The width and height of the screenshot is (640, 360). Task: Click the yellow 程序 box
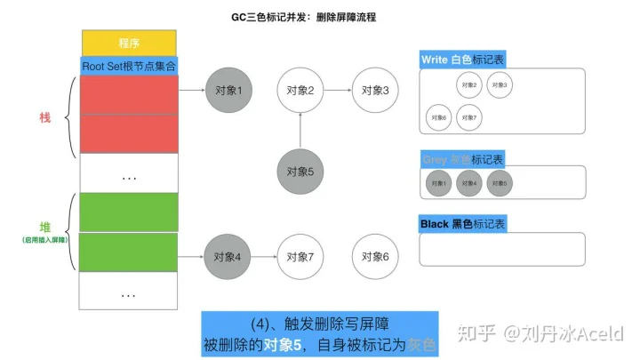click(x=129, y=42)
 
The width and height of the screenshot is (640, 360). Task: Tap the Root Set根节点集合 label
click(x=129, y=65)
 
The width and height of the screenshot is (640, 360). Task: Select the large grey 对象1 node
click(x=228, y=91)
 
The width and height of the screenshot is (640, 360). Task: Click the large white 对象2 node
click(x=300, y=91)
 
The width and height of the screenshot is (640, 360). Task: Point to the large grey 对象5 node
click(x=300, y=172)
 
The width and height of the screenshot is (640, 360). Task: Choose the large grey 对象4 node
click(x=228, y=257)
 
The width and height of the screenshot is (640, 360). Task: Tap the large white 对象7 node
click(x=300, y=257)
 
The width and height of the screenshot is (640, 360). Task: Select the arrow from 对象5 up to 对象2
click(x=300, y=132)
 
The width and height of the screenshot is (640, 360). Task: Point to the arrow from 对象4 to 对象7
click(x=264, y=257)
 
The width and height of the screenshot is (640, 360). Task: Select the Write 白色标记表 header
click(x=463, y=60)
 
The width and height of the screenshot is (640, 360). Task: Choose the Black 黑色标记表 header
click(x=461, y=224)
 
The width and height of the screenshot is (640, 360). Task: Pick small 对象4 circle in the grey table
click(x=468, y=183)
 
